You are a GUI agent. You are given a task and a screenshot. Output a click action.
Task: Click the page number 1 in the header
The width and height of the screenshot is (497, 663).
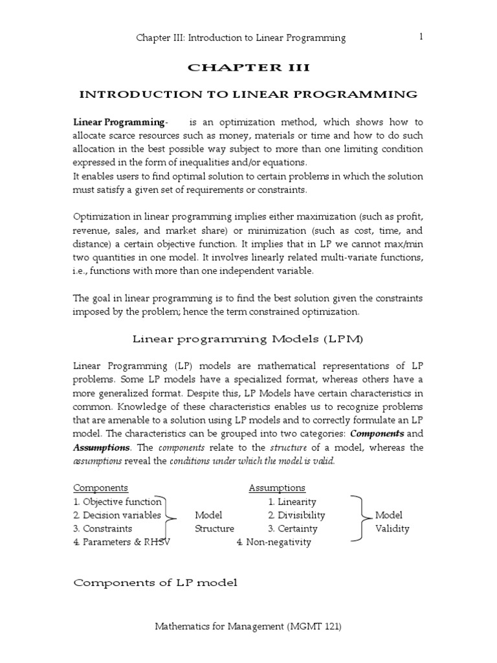[x=421, y=37]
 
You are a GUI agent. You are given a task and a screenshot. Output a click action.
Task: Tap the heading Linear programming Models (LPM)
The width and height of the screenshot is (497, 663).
[x=248, y=338]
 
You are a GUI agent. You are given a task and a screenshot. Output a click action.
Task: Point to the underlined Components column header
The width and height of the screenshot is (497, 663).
[x=100, y=488]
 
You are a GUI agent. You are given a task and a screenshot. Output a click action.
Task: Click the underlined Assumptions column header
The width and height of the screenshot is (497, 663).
[x=277, y=488]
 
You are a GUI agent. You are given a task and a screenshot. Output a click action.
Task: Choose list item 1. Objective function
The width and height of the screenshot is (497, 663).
[x=117, y=502]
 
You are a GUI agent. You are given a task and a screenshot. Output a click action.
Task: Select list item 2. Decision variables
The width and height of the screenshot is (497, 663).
[x=117, y=515]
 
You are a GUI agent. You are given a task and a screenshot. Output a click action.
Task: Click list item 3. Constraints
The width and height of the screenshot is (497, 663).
[x=103, y=528]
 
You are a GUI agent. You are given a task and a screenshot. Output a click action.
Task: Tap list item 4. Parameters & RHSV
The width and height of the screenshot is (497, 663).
[x=122, y=542]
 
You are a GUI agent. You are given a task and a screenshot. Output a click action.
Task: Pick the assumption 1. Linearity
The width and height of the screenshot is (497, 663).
[x=293, y=502]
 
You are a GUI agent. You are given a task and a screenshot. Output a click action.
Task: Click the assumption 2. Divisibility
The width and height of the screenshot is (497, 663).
[x=296, y=515]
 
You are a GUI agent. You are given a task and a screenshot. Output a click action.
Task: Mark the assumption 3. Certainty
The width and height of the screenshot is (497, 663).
[x=293, y=528]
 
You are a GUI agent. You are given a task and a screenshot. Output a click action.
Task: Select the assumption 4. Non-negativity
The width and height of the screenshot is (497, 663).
[x=274, y=542]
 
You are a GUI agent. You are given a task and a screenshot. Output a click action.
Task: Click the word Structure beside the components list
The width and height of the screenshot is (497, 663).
[x=214, y=528]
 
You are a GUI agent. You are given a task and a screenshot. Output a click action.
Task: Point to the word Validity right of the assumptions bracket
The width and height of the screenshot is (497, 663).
[x=392, y=528]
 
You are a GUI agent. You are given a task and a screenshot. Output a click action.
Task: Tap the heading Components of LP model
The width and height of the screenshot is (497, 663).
[x=155, y=583]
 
